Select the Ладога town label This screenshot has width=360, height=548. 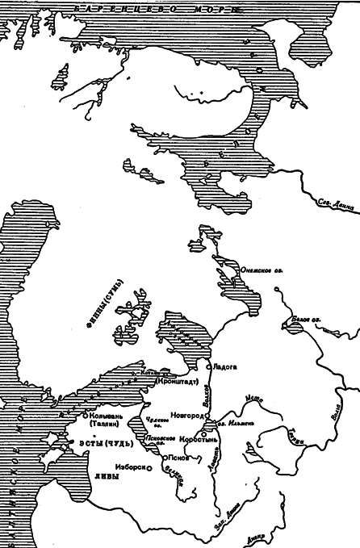[x=225, y=366]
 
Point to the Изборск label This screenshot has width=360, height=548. [x=131, y=466]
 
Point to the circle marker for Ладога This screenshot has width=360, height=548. [x=208, y=366]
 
